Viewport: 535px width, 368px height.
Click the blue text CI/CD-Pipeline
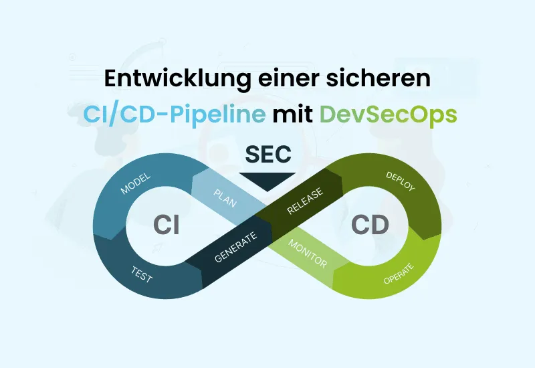coord(174,114)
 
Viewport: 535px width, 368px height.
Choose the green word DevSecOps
coord(388,114)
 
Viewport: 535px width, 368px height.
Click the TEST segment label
coord(142,274)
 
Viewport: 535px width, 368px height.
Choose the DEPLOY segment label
coord(401,181)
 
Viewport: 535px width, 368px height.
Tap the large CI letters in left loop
coord(166,225)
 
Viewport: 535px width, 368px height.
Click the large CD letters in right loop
coord(370,225)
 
